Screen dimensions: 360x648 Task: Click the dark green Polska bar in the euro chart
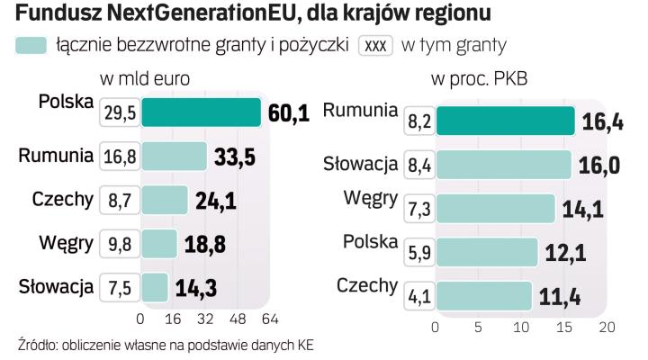(x=200, y=112)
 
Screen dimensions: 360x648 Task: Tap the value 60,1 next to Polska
(x=289, y=112)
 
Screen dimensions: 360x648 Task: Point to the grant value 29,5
(x=120, y=112)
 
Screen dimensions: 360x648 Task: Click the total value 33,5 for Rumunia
(x=235, y=157)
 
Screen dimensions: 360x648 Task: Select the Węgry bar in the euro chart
(x=158, y=243)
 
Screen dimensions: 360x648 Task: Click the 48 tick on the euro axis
(x=238, y=319)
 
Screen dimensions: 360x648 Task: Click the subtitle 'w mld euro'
(x=144, y=78)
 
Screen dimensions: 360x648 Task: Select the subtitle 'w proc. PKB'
(x=479, y=78)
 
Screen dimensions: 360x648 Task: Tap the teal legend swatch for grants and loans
(x=31, y=45)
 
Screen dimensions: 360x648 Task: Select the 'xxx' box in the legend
(x=376, y=45)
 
